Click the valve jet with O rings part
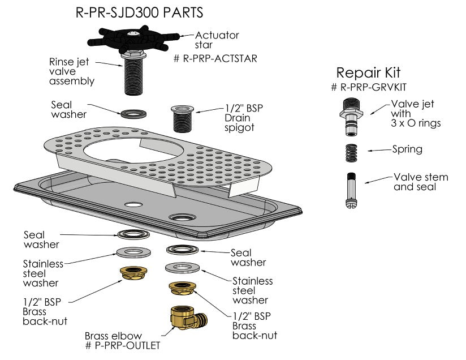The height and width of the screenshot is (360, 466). (x=351, y=116)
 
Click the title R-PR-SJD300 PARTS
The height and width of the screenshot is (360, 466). (x=139, y=12)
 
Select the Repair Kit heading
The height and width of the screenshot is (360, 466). (x=368, y=72)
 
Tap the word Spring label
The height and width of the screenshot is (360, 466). (x=407, y=149)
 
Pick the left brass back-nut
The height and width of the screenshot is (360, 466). (x=133, y=273)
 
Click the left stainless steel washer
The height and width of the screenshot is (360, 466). (x=133, y=252)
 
